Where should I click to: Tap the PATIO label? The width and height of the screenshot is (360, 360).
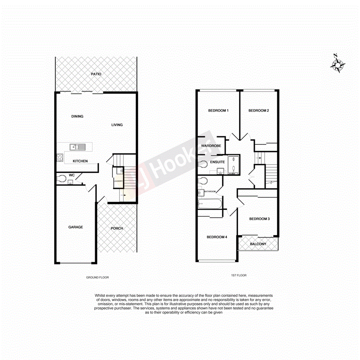(96, 74)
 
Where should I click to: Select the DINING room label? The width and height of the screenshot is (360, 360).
(77, 116)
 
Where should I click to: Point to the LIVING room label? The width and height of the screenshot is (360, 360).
(117, 125)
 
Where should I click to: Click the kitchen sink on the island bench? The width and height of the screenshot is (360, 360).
(78, 147)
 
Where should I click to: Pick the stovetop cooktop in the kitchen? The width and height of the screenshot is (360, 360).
(60, 157)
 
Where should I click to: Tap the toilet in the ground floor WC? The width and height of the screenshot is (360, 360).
(61, 179)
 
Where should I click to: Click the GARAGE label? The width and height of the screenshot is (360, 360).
(76, 227)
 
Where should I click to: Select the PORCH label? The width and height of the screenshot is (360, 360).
(117, 228)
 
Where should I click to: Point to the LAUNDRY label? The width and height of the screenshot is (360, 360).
(118, 180)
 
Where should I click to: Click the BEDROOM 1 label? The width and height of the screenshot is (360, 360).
(218, 110)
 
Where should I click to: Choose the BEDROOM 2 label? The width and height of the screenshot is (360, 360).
(258, 110)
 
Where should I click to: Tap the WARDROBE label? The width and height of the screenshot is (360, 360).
(211, 146)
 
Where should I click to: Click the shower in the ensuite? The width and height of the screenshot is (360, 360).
(233, 165)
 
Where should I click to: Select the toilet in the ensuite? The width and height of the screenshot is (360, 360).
(202, 164)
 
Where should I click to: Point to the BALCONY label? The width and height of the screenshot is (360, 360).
(258, 244)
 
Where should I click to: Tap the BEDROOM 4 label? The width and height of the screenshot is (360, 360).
(216, 237)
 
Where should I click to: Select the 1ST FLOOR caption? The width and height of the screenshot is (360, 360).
(238, 275)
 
